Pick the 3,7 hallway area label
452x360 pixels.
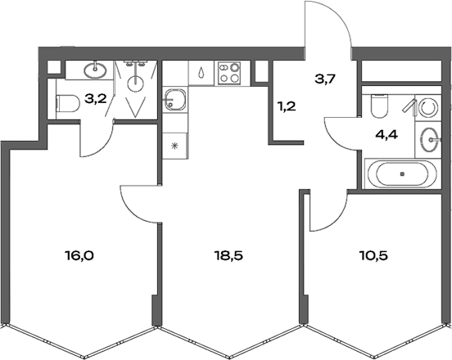pyautogui.click(x=325, y=79)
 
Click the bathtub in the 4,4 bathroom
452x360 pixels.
pyautogui.click(x=401, y=173)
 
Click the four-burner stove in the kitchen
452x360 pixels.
pyautogui.click(x=230, y=74)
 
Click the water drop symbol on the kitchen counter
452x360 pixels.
pyautogui.click(x=201, y=73)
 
